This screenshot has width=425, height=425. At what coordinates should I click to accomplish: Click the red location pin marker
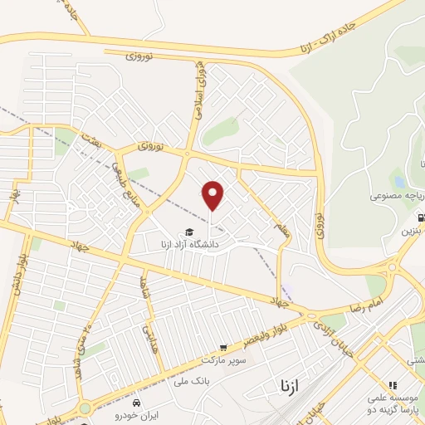coord(213,195)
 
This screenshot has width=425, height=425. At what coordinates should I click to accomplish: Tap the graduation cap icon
coord(189,232)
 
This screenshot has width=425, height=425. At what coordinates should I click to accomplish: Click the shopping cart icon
coord(222,348)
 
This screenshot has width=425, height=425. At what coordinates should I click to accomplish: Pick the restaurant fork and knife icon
coord(393,386)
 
